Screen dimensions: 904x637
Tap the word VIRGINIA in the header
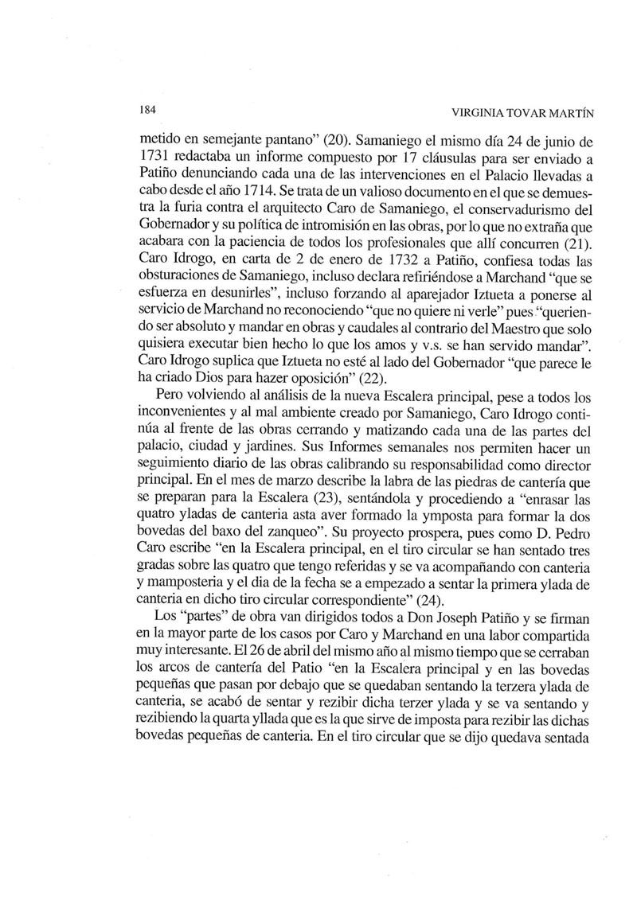(475, 111)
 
